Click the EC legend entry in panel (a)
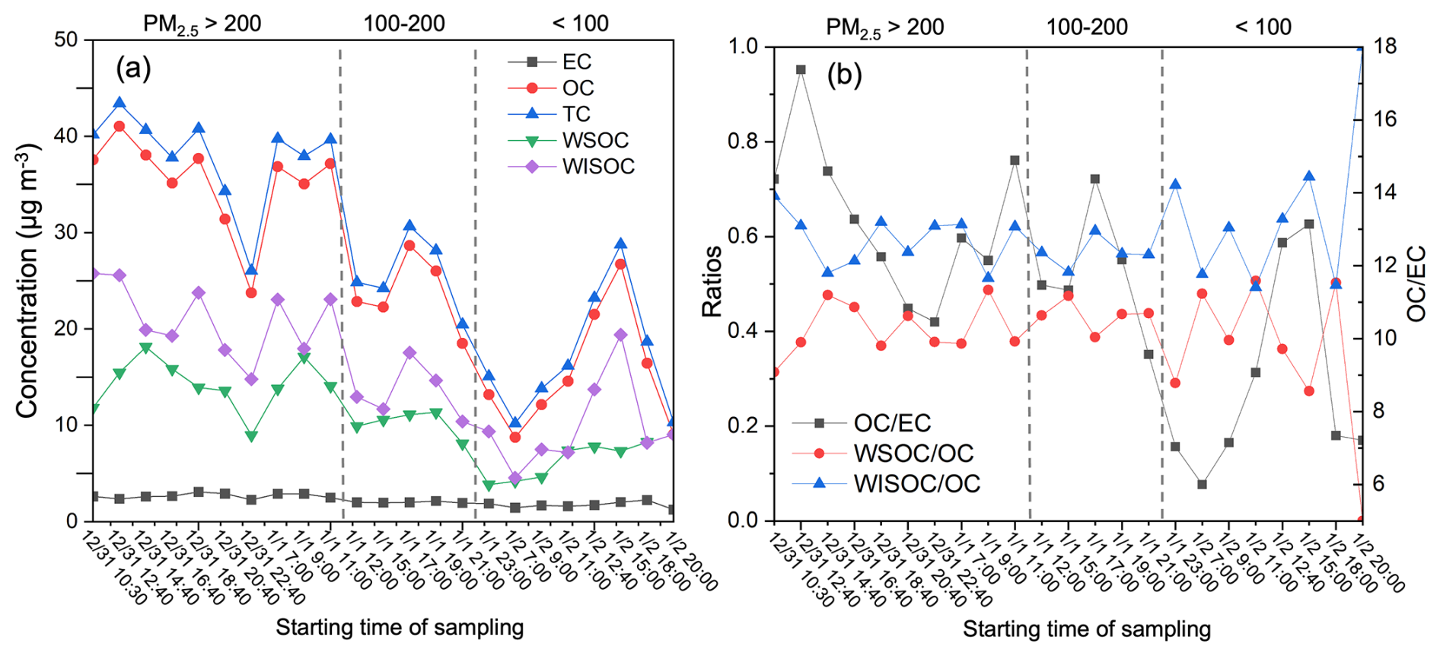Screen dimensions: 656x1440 point(576,62)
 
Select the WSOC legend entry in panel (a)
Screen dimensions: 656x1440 point(595,140)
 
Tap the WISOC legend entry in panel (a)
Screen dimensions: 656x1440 point(598,166)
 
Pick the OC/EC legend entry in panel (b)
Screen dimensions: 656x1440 point(892,423)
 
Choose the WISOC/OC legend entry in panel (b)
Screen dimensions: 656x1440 point(916,483)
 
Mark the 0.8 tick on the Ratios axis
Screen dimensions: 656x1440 point(744,142)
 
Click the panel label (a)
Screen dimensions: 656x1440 point(133,68)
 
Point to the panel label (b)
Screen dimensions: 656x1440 point(844,75)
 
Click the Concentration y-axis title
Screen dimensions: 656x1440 point(27,280)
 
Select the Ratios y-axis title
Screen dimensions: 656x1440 point(712,282)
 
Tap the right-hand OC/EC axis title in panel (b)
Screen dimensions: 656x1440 point(1416,283)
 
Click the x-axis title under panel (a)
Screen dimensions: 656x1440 point(400,628)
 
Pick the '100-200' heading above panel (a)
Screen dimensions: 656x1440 point(404,24)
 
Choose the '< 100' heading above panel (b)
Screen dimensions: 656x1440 point(1263,27)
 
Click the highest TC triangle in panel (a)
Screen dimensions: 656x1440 point(119,103)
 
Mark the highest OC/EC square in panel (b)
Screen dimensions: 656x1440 point(801,70)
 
